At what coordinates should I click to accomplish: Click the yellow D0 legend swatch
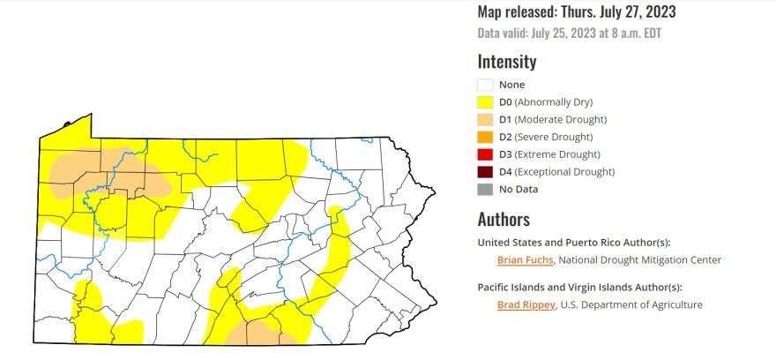(x=485, y=102)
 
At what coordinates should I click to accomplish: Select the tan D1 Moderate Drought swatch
(x=485, y=119)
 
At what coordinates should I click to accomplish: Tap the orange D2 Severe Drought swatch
(x=485, y=137)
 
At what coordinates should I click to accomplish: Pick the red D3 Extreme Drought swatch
(x=485, y=154)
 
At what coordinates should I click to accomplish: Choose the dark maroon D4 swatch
(x=485, y=171)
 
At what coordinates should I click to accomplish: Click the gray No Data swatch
(x=485, y=189)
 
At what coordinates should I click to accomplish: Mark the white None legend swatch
(x=485, y=85)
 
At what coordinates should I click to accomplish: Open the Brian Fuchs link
(x=525, y=259)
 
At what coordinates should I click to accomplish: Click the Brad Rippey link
(x=525, y=304)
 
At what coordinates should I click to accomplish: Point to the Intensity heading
(x=506, y=62)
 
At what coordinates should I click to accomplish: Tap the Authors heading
(x=504, y=219)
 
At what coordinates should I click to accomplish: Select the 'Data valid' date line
(x=570, y=34)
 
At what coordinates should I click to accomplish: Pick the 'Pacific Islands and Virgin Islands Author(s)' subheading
(x=579, y=287)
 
